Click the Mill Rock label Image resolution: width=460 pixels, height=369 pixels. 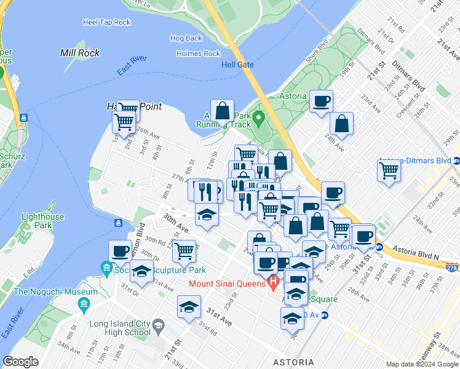pos(80,53)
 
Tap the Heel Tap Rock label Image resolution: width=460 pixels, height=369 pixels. pos(106,22)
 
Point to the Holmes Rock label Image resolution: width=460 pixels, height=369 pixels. pos(198,54)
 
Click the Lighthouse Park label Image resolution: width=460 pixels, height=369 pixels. pos(42,221)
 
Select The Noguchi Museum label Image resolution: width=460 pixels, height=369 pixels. pos(56,292)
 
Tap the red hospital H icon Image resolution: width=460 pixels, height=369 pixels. pos(274,284)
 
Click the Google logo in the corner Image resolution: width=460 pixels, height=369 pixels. pos(20,362)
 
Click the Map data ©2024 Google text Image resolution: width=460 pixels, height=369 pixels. pos(422,364)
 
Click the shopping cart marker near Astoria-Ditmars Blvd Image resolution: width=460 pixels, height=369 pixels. pos(389,170)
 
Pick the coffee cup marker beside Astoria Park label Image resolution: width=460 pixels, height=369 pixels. pos(320,101)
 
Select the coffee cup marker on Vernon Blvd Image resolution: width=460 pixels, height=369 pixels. pos(120,251)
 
